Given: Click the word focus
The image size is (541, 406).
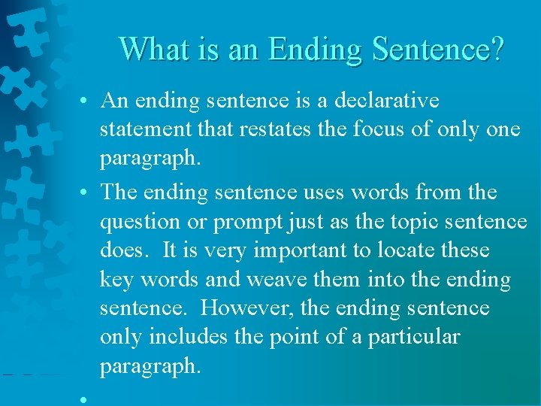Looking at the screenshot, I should click(383, 129).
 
